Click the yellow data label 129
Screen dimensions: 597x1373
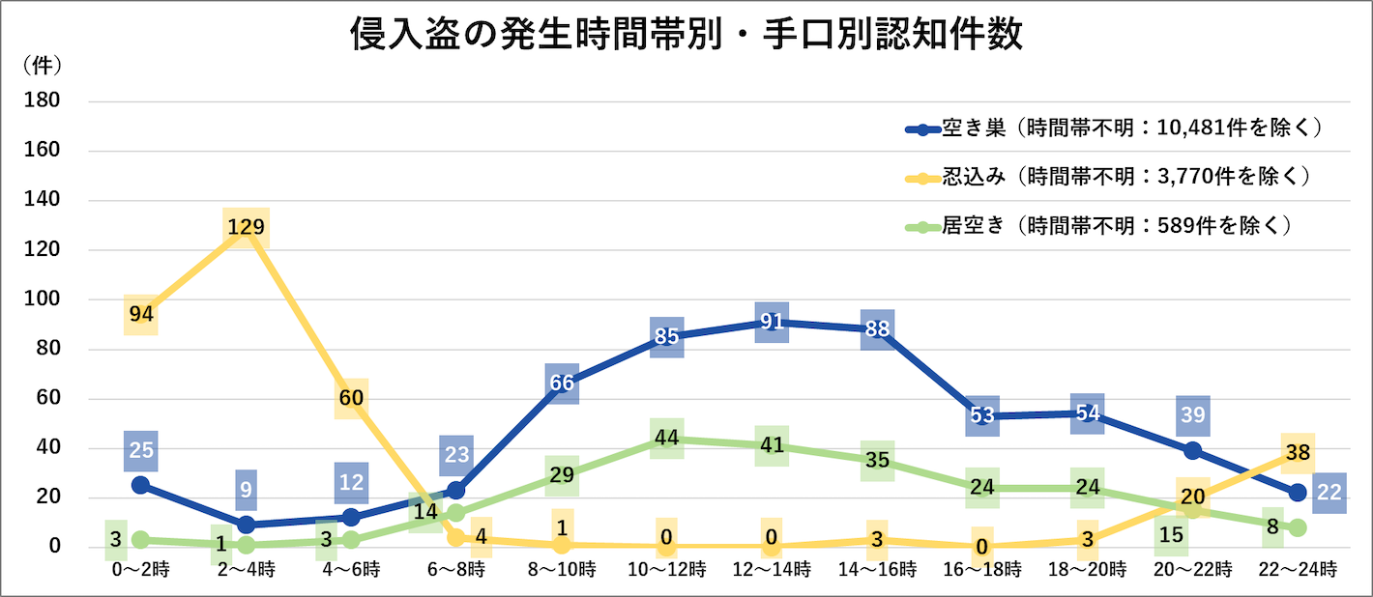click(x=246, y=228)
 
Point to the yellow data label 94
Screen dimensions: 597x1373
click(x=141, y=314)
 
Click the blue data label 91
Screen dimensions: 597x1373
click(x=772, y=322)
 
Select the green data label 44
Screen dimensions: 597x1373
click(x=667, y=439)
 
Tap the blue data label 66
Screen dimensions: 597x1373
click(x=562, y=384)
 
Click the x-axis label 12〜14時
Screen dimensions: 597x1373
click(x=772, y=570)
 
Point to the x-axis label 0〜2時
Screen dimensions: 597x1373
click(x=141, y=570)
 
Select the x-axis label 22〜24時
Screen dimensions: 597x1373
click(x=1298, y=570)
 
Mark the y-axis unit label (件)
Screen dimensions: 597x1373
click(x=42, y=66)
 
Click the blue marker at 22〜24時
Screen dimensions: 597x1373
click(x=1298, y=493)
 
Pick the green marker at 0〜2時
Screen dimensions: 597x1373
click(x=141, y=539)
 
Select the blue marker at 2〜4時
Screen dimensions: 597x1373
click(x=246, y=525)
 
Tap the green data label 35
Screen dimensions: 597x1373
click(x=877, y=461)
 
